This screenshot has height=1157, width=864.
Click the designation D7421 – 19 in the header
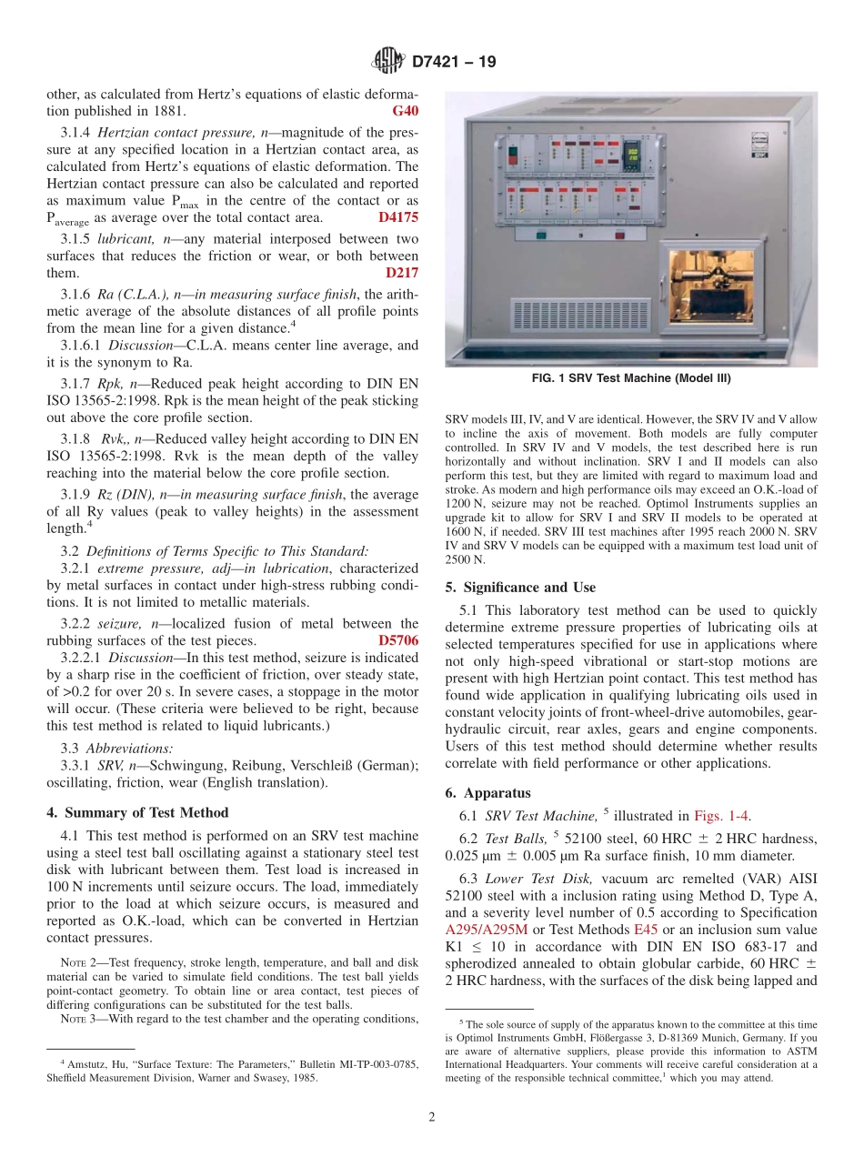click(x=454, y=63)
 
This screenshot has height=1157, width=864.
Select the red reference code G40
click(x=405, y=112)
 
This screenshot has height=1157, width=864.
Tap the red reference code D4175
click(x=398, y=217)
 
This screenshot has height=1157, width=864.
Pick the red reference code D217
click(x=402, y=272)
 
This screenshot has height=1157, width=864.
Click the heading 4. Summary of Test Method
click(x=137, y=812)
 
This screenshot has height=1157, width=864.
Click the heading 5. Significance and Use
click(x=520, y=587)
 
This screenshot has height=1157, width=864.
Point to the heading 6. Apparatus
click(x=487, y=792)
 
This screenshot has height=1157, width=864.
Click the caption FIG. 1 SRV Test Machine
click(x=630, y=378)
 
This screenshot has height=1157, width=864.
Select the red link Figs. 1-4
click(x=722, y=817)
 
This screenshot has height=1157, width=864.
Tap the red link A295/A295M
click(x=487, y=929)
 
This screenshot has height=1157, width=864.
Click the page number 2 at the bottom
click(x=431, y=1118)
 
